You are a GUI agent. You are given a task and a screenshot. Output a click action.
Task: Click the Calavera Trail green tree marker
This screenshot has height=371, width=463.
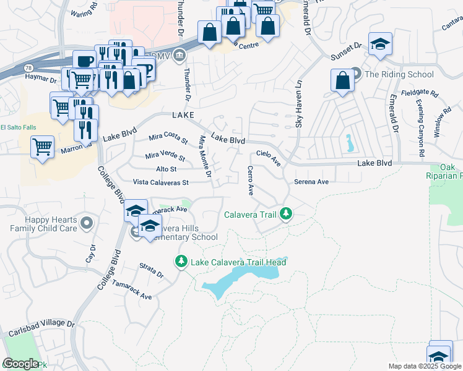285,215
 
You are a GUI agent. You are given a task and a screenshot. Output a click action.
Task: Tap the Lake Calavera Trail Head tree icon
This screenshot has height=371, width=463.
181,262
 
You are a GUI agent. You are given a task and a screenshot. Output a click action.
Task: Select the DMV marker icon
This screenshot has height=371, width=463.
179,56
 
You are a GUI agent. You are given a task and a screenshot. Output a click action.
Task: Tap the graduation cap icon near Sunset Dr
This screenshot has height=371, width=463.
380,45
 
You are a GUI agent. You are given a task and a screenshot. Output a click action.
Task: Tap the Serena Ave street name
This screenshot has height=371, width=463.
310,182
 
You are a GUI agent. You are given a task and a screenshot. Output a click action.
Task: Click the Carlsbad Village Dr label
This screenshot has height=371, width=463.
41,328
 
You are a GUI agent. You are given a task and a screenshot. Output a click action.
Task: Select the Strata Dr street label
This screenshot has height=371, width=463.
151,270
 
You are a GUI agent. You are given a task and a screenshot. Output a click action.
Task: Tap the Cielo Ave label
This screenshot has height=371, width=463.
269,159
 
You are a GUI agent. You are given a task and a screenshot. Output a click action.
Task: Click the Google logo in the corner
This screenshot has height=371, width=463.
21,363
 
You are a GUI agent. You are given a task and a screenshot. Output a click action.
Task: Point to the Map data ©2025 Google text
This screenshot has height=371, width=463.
425,366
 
